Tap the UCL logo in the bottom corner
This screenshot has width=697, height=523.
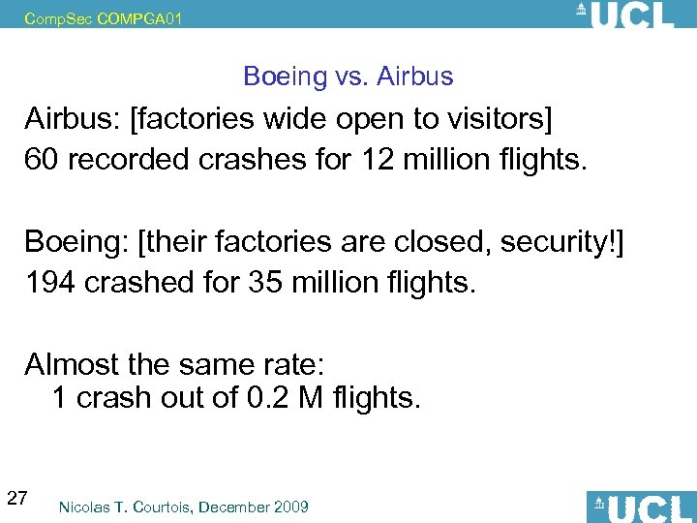[x=640, y=507]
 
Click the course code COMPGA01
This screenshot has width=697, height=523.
[x=139, y=16]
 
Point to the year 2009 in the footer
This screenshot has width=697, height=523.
[x=291, y=507]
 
